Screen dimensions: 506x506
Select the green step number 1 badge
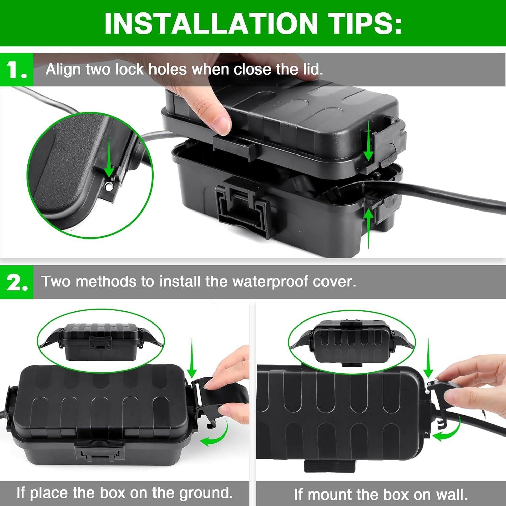click(x=17, y=70)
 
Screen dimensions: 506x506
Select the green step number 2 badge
click(x=17, y=282)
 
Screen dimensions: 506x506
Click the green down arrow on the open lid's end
click(x=369, y=142)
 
